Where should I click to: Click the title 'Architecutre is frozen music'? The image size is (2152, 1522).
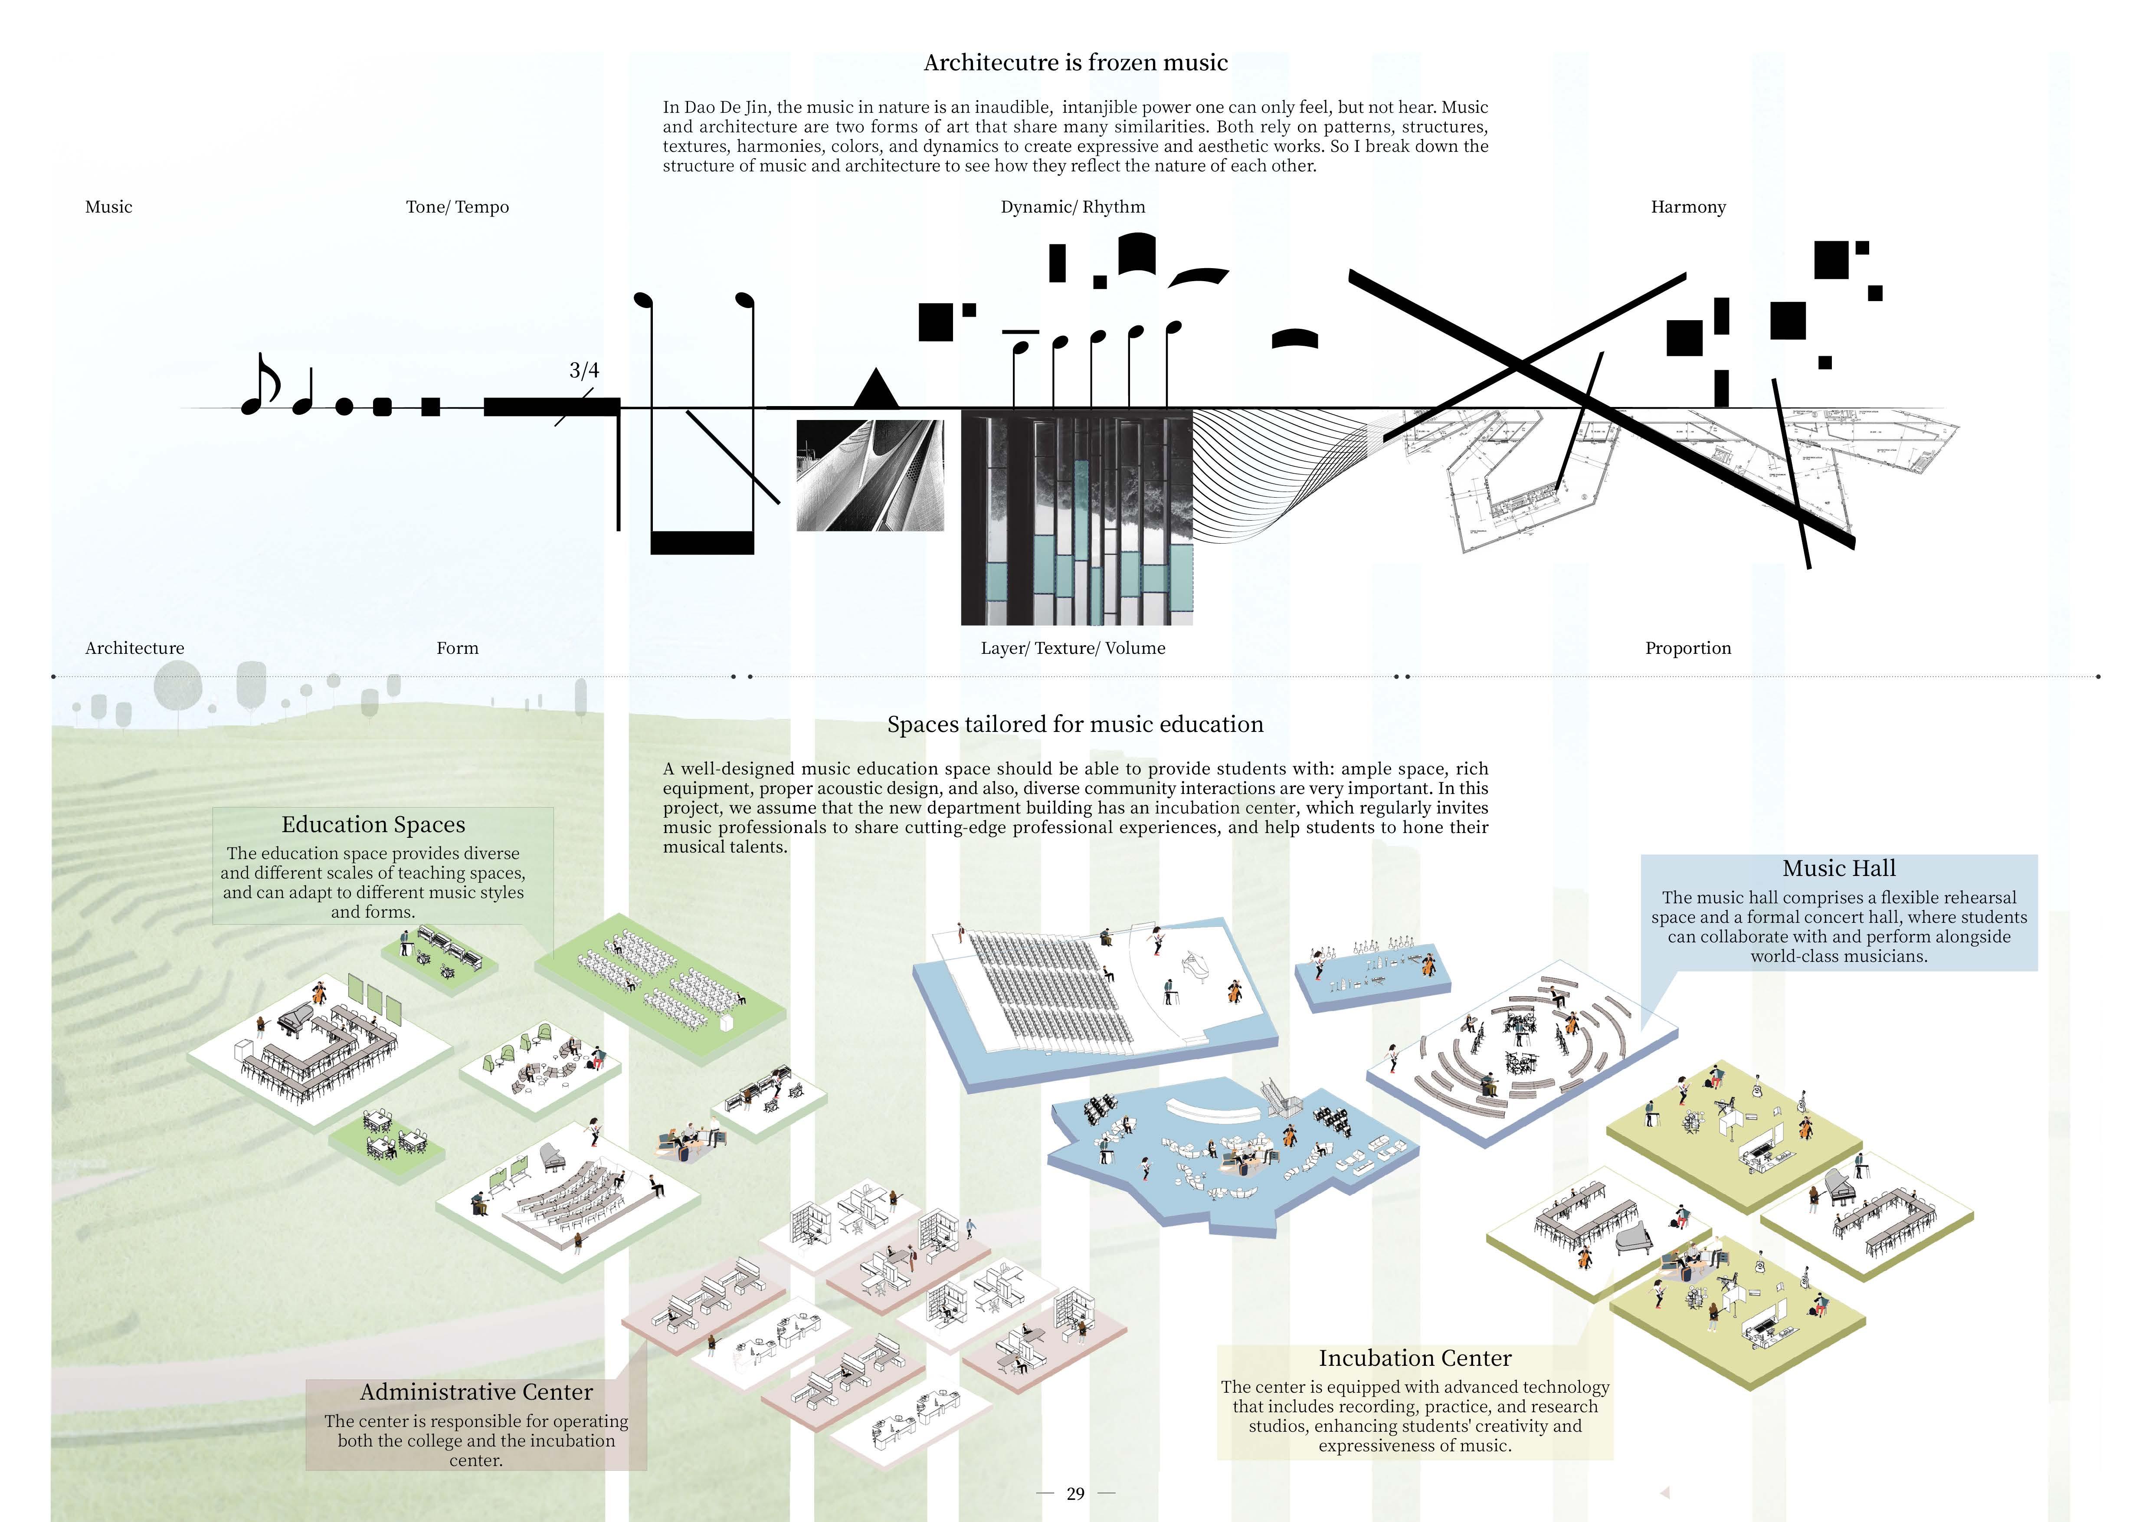click(x=1075, y=63)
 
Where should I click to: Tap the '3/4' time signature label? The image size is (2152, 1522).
click(x=584, y=370)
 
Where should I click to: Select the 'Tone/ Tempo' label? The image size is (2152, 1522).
click(x=457, y=207)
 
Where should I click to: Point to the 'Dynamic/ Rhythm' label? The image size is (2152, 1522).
click(x=1072, y=207)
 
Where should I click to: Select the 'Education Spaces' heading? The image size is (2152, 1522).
click(x=373, y=825)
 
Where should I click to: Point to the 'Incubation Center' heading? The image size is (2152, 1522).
click(x=1415, y=1358)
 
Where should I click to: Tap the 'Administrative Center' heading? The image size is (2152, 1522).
click(x=476, y=1392)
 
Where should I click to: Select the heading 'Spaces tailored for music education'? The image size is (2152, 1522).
click(x=1075, y=725)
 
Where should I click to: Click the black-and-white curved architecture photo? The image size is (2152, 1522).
click(x=870, y=475)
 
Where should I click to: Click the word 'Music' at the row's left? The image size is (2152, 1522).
click(x=109, y=207)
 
